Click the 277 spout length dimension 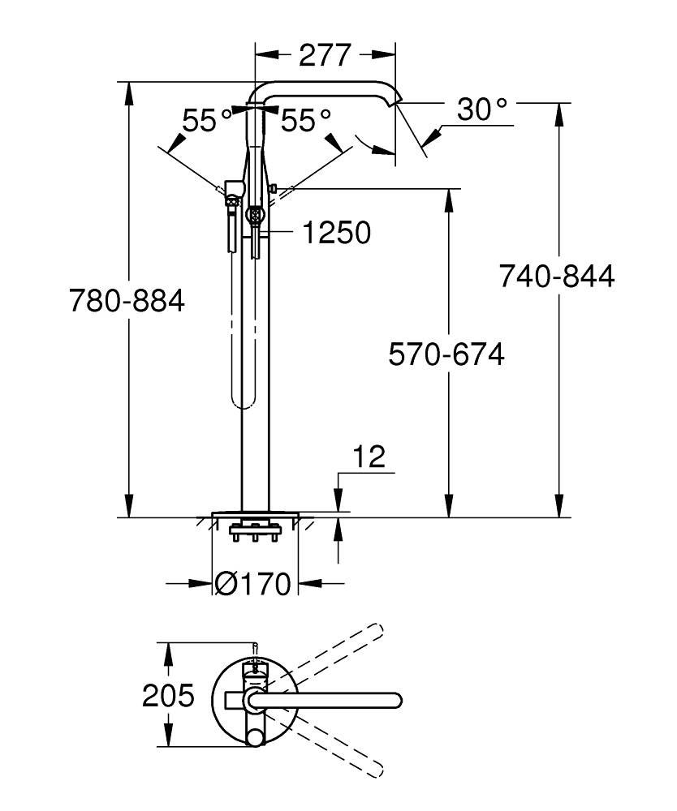[325, 55]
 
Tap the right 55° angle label [306, 121]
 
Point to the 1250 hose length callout [336, 233]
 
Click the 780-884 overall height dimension [127, 301]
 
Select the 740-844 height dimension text [557, 277]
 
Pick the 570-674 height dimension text [446, 354]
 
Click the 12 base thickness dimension [369, 457]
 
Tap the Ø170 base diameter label [253, 583]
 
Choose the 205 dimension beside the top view [169, 695]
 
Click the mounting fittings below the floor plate [256, 533]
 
